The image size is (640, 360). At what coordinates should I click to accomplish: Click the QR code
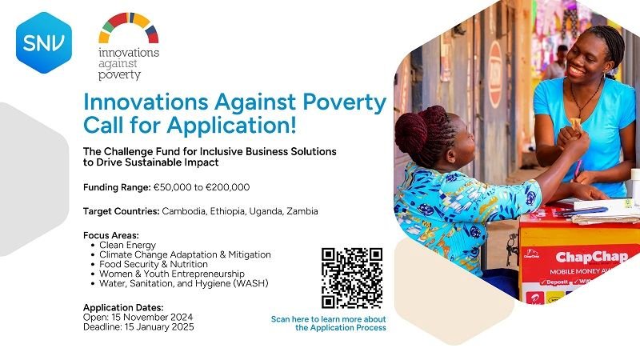[351, 278]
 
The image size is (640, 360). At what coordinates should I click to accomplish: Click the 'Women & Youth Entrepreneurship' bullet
[172, 274]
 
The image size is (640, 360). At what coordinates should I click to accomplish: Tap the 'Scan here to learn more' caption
[329, 319]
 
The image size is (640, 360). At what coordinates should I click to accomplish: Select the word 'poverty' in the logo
[120, 74]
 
